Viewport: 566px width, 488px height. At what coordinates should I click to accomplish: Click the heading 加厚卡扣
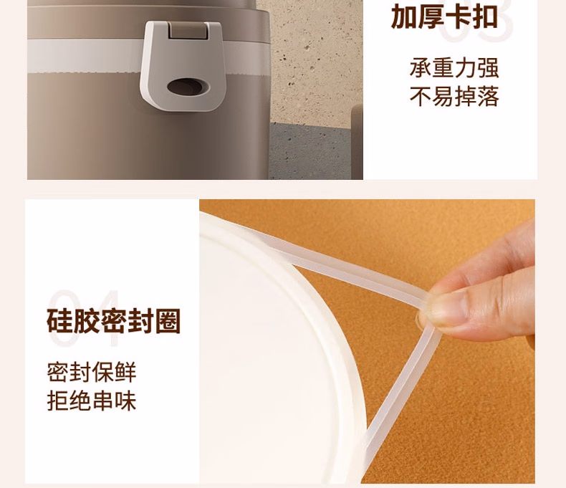point(444,16)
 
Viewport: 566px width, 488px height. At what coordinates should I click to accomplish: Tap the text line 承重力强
point(454,68)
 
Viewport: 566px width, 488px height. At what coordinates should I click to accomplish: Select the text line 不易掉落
point(454,96)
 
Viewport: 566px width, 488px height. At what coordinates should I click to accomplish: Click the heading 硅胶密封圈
point(113,321)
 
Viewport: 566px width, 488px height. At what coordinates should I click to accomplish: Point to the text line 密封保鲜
point(92,372)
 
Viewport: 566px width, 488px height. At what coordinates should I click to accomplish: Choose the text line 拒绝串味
point(92,401)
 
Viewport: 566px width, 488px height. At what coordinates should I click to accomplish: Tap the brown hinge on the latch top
point(188,30)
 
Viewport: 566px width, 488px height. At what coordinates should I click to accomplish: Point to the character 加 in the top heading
point(404,16)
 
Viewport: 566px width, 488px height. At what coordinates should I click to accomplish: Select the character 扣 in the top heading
point(485,16)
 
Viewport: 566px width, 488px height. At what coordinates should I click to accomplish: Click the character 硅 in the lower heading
point(60,321)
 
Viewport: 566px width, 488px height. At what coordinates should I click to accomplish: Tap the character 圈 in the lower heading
point(168,321)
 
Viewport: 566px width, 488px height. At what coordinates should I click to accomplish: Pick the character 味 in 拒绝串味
point(125,401)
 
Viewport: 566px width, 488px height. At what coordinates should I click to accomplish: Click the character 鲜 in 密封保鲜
point(125,372)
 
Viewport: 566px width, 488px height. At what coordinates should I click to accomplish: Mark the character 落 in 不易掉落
point(488,96)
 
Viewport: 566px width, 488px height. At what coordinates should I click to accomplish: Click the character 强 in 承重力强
point(488,68)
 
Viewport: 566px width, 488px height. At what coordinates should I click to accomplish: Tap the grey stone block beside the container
point(310,151)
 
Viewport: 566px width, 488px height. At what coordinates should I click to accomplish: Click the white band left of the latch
point(85,55)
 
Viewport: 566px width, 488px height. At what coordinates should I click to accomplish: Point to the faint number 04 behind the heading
point(85,318)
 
